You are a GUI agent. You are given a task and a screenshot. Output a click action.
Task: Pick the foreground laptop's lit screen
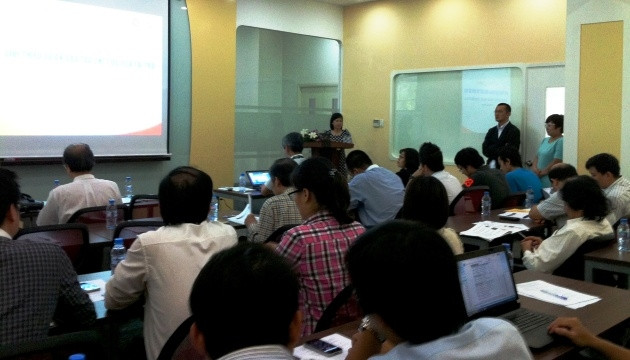(x=486, y=282)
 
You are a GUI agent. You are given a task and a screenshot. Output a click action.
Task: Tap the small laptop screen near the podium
(x=259, y=178)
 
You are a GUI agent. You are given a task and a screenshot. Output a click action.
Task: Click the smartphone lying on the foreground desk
(x=323, y=347)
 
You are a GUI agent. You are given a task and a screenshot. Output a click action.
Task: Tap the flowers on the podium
(x=310, y=134)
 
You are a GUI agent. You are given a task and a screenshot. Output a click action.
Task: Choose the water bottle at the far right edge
(x=623, y=235)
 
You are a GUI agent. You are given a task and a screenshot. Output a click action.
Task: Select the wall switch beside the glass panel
(x=378, y=123)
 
